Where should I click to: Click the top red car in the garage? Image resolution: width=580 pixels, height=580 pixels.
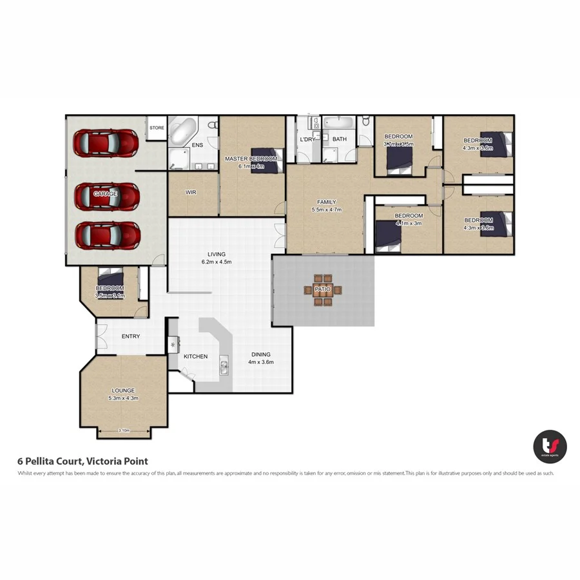pos(106,143)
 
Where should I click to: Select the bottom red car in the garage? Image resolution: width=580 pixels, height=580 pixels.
pos(108,235)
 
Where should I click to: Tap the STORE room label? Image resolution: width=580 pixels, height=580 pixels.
pos(157,128)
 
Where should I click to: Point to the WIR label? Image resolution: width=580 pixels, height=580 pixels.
pos(191,192)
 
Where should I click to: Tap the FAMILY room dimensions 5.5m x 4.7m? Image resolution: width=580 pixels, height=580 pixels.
pos(326,209)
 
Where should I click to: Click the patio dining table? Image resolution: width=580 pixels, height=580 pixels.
pos(322,289)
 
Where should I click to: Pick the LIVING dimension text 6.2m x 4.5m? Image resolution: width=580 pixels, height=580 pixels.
pos(216,262)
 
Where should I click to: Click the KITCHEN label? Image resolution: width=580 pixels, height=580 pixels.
pos(195,356)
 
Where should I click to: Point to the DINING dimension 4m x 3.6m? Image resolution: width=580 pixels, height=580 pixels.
pos(261,362)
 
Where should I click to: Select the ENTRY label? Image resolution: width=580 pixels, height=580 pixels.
pos(131,336)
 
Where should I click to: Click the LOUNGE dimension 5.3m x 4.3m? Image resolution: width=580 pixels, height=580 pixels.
pos(124,398)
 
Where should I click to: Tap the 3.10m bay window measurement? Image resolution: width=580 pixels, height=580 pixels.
pos(124,430)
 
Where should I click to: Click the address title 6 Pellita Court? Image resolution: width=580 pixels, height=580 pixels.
pos(82,461)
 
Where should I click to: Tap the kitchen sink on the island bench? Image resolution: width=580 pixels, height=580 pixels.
pos(224,367)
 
